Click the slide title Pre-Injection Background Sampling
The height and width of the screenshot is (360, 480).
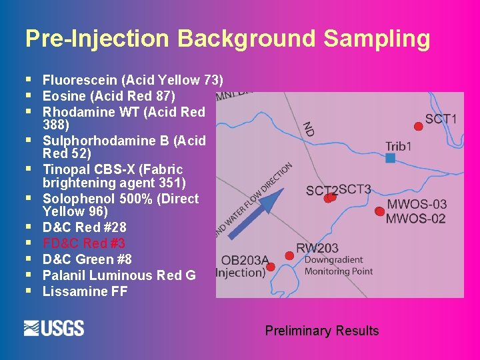coord(227,39)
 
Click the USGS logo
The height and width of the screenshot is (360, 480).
coord(54,328)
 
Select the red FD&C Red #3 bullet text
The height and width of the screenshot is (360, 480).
coord(84,243)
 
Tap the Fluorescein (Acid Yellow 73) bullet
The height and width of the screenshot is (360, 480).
coord(133,80)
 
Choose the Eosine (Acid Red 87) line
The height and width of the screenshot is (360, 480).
coord(109,96)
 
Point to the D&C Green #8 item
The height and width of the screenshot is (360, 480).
coord(87,259)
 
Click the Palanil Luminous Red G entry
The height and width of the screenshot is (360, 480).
coord(119,275)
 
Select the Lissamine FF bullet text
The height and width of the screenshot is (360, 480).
coord(85,291)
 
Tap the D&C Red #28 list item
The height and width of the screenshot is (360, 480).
coord(84,227)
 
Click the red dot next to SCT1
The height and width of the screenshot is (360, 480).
coord(419,126)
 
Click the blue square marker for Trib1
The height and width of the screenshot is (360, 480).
coord(391,158)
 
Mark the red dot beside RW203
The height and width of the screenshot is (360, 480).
coord(289,255)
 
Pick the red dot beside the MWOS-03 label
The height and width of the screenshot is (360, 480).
coord(379,211)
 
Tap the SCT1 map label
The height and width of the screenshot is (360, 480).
coord(441,119)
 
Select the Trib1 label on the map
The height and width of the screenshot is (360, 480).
coord(399,146)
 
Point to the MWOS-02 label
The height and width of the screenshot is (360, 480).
coord(416,219)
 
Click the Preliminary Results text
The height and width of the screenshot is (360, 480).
coord(322,331)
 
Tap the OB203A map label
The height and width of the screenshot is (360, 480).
coord(245,261)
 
